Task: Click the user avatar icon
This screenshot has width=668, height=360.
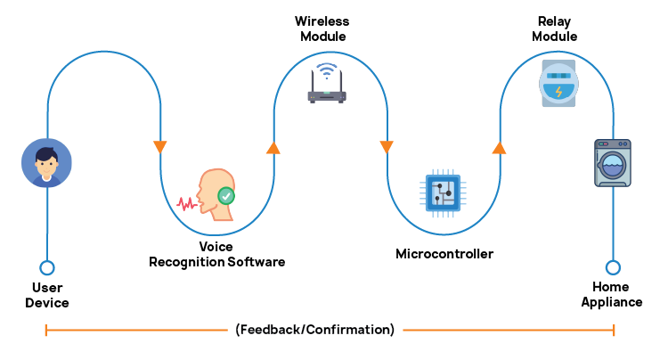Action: (46, 163)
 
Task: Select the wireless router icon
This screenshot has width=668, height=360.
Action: (326, 84)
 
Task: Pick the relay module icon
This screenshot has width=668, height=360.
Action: (558, 84)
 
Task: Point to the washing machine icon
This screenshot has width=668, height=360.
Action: (612, 162)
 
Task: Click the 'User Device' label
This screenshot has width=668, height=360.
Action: (47, 295)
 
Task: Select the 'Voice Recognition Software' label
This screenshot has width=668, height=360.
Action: (217, 254)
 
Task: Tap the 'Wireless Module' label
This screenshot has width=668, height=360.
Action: (322, 28)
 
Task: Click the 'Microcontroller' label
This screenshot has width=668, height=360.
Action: (444, 254)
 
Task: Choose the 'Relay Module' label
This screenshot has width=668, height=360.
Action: (555, 28)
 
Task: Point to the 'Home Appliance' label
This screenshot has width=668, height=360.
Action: (612, 295)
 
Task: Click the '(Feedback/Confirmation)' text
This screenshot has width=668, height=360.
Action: (315, 330)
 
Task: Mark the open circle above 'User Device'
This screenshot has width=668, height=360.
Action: (47, 267)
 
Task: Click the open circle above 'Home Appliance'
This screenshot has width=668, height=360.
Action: (613, 267)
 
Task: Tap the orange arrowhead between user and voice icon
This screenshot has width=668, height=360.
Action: (160, 146)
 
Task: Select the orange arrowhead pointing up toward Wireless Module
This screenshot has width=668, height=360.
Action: (273, 147)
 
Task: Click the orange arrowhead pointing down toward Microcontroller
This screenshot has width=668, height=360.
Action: (387, 146)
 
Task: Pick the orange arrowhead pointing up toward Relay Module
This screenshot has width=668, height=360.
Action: (500, 147)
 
